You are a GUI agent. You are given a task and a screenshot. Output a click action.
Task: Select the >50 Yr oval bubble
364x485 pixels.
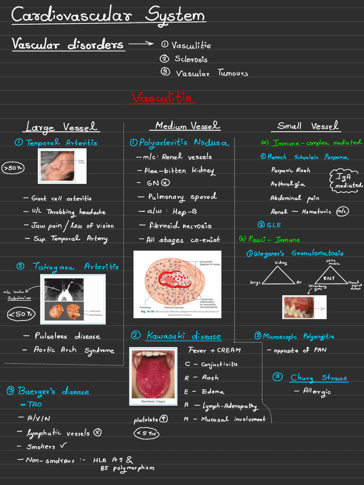[13, 168]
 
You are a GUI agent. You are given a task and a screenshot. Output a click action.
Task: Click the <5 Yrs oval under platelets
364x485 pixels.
[146, 433]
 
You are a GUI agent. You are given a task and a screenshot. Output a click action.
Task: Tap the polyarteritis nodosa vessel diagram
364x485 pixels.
[178, 284]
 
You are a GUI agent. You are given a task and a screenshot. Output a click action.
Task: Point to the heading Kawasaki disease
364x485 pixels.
[183, 336]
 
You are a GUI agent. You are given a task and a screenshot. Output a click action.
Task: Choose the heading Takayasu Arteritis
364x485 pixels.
[75, 267]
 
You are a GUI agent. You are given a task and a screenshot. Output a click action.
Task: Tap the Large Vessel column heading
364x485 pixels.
[62, 126]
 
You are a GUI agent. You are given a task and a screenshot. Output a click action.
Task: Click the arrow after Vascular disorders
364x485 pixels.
[141, 44]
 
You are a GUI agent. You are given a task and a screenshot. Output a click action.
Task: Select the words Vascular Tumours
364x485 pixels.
[211, 73]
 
